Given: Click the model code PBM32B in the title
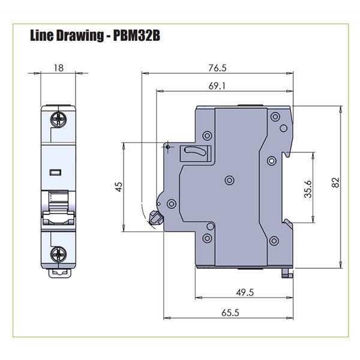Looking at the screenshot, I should pos(136,36).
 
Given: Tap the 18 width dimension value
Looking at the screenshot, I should pos(58,68).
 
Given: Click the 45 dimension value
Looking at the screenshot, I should pos(118,187).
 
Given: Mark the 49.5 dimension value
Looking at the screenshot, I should pos(243,292).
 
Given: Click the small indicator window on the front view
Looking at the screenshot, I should pos(56,173).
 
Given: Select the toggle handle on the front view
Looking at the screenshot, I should pos(58,207).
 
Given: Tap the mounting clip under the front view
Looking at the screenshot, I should pos(59,271).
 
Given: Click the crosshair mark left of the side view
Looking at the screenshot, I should pos(166,145).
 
